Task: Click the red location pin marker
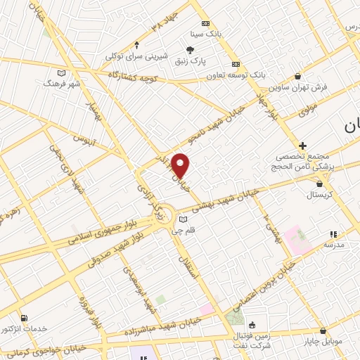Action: coord(181,165)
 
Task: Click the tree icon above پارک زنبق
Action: coord(190,49)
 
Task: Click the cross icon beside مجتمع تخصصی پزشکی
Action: coord(302,144)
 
